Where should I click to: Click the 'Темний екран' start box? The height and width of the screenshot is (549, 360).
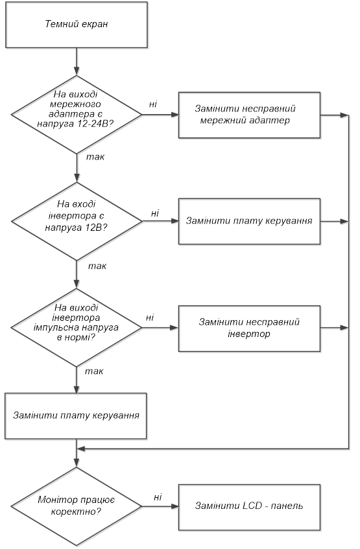click(77, 24)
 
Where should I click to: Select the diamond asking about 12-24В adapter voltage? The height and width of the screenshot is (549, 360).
click(77, 115)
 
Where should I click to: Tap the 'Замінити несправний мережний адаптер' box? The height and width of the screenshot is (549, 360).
click(249, 115)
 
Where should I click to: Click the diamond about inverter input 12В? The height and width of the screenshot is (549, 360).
click(77, 221)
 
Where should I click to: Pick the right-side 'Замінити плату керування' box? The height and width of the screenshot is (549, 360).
click(249, 221)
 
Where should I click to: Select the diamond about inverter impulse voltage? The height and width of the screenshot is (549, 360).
click(77, 328)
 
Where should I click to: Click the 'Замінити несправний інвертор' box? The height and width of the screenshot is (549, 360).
click(249, 329)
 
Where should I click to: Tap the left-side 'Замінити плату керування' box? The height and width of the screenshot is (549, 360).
click(76, 416)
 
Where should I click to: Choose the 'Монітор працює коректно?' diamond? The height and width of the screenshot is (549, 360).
click(77, 506)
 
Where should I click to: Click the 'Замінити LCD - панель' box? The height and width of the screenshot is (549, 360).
click(249, 506)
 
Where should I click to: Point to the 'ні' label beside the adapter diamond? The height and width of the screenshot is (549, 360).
click(153, 104)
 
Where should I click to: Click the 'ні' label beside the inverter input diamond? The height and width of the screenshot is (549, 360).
click(155, 213)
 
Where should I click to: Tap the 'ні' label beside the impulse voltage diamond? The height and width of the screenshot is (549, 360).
click(150, 318)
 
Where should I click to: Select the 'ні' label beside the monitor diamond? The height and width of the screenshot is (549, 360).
click(158, 497)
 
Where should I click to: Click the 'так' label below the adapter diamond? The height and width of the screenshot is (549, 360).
click(95, 157)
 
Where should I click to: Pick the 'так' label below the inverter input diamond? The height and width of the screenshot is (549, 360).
click(97, 266)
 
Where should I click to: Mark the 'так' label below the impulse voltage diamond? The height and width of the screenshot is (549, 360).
click(94, 371)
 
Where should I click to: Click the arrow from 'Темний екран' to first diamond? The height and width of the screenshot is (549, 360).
click(77, 62)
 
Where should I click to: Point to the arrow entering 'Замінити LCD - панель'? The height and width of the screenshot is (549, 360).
click(160, 506)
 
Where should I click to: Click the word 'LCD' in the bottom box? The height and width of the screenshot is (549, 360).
click(252, 506)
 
